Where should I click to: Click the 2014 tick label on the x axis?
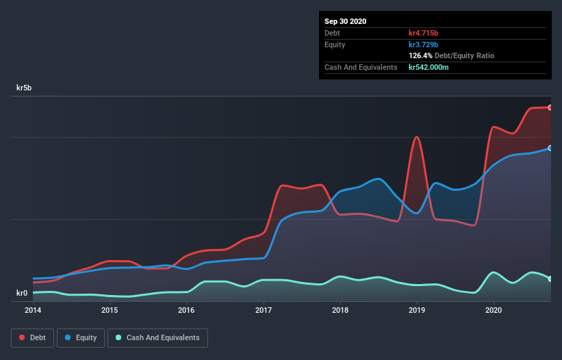pyautogui.click(x=33, y=310)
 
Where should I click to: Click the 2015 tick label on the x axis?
pyautogui.click(x=110, y=310)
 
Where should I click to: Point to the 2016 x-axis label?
pyautogui.click(x=186, y=310)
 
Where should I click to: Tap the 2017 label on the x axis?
pyautogui.click(x=264, y=310)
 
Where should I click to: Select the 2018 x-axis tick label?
pyautogui.click(x=340, y=310)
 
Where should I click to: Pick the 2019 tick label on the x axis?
pyautogui.click(x=417, y=310)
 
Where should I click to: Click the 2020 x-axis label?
pyautogui.click(x=494, y=310)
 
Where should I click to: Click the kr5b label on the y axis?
pyautogui.click(x=24, y=88)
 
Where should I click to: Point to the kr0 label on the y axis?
pyautogui.click(x=22, y=294)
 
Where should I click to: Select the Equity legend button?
pyautogui.click(x=81, y=337)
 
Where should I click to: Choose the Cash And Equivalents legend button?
pyautogui.click(x=157, y=337)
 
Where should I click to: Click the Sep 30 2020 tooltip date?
pyautogui.click(x=346, y=21)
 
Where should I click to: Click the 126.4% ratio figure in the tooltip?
pyautogui.click(x=421, y=55)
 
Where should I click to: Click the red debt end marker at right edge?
pyautogui.click(x=550, y=107)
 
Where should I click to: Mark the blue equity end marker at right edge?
pyautogui.click(x=550, y=148)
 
